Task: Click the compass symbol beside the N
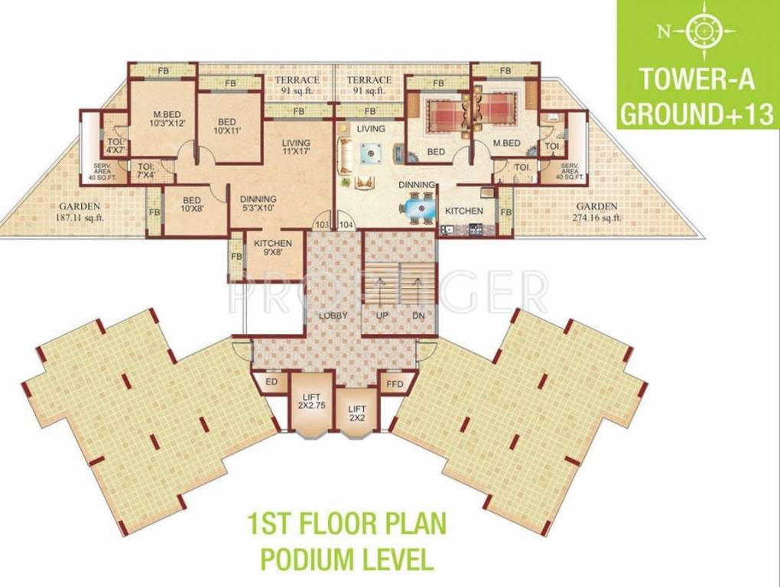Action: tap(699, 31)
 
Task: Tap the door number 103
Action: tap(322, 225)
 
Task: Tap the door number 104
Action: tap(346, 225)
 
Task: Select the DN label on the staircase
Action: tap(418, 316)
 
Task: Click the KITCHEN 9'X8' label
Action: tap(273, 248)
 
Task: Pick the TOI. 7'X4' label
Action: tap(146, 169)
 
